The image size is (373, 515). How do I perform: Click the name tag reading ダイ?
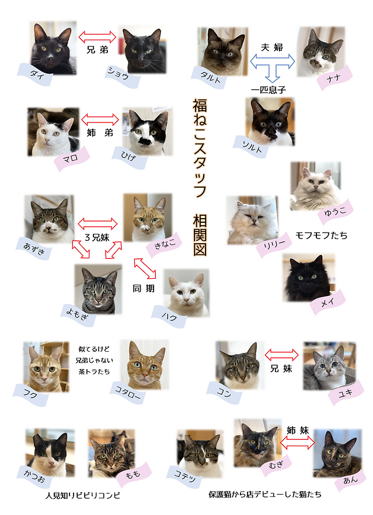point(35,74)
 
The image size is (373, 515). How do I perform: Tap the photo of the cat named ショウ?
point(142,50)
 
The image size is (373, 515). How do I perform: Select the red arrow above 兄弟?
point(97,37)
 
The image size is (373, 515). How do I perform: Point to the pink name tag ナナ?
point(334,77)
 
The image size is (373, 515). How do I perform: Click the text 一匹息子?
point(269,89)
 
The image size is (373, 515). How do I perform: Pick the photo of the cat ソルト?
point(270,122)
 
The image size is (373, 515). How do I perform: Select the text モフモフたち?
point(321,235)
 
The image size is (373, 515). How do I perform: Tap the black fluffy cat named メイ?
point(308,278)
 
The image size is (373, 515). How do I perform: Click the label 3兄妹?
point(97,237)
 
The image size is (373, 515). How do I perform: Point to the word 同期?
point(143,288)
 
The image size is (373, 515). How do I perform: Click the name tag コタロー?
point(127,393)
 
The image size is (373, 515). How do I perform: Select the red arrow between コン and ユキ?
point(281,355)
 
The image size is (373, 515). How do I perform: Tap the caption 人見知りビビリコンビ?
point(83,495)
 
